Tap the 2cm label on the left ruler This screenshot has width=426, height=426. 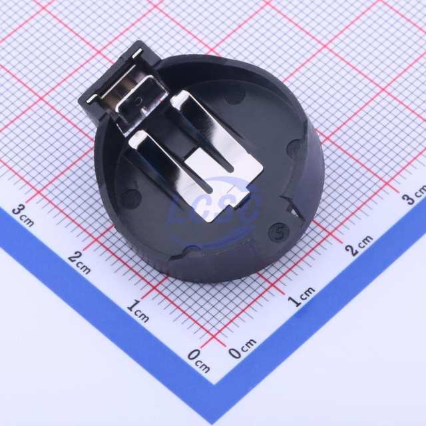79,263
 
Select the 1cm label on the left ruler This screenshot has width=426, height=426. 138,311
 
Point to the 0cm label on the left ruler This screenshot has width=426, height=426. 199,361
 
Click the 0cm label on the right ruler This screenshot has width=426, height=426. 242,348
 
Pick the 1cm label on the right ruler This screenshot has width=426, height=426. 302,297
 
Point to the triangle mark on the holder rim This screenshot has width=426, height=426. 294,208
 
